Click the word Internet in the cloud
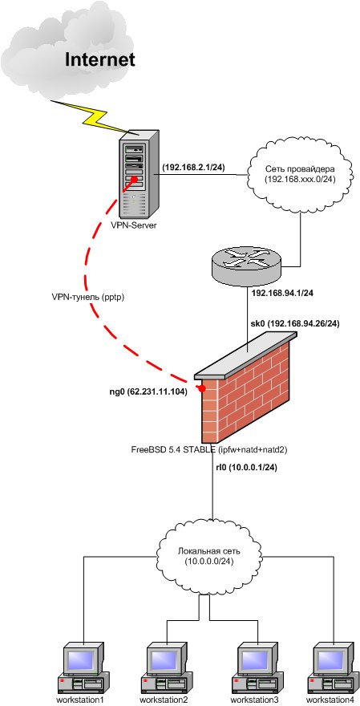[x=100, y=59]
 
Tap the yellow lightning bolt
[x=91, y=116]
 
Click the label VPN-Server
[x=134, y=225]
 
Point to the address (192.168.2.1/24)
[x=193, y=167]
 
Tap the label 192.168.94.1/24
[x=282, y=293]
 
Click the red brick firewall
[x=246, y=387]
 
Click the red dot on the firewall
[x=203, y=387]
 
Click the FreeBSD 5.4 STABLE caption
[x=210, y=449]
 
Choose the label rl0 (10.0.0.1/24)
[x=246, y=468]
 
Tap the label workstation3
[x=255, y=700]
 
